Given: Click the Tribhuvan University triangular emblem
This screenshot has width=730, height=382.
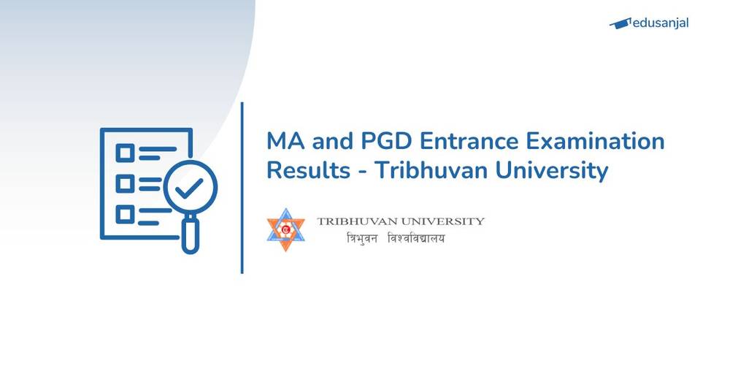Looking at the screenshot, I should click(285, 229).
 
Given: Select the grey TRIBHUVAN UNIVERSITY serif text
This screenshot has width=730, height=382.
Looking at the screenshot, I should click(400, 221).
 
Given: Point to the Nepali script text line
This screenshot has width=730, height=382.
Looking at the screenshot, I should click(395, 239).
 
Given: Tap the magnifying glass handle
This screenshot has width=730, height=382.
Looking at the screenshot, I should click(190, 237).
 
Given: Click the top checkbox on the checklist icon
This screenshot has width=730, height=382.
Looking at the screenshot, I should click(125, 153).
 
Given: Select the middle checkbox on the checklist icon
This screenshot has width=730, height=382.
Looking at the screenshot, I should click(125, 183).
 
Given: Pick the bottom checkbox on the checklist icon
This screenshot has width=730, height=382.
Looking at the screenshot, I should click(125, 214).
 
